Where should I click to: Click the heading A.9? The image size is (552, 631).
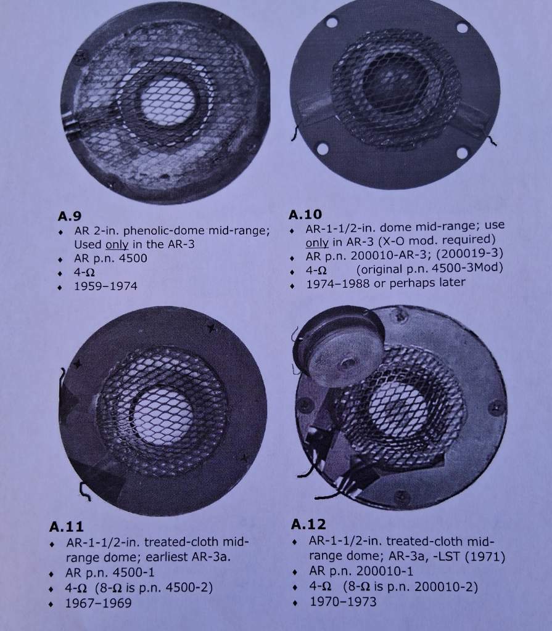point(69,216)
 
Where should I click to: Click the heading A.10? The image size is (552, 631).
point(305,214)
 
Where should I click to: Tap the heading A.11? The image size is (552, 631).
point(67,526)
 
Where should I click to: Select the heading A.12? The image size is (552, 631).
point(308,524)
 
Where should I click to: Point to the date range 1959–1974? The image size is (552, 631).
point(105,286)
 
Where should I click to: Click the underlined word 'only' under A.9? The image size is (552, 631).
point(117,244)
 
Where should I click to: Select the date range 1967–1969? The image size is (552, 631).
point(98,603)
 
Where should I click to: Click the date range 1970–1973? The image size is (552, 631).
point(343,601)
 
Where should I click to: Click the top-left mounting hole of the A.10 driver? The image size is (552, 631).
point(332,22)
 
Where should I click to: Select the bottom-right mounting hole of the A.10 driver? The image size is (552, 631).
point(463,153)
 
